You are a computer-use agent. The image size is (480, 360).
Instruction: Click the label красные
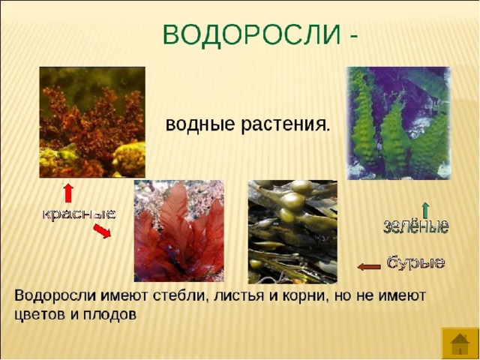pos(79,214)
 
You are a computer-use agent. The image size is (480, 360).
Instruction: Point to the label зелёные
pos(416,226)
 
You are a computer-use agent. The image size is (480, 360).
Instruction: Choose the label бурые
pos(415,262)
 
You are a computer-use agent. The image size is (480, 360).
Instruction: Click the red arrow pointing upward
pos(68,193)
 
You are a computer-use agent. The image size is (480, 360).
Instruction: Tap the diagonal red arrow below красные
pos(102,231)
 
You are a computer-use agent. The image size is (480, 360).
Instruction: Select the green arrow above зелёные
pos(425,210)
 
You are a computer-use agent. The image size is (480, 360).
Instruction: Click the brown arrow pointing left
pos(369,267)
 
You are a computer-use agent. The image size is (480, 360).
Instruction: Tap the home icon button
pos(460,342)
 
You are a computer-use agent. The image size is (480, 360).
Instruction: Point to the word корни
pos(306,296)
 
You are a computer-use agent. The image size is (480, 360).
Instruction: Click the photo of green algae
pos(398,123)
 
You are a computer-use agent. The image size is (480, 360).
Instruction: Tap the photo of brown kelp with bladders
pos(292,232)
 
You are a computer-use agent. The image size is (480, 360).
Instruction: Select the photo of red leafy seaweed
pos(178,231)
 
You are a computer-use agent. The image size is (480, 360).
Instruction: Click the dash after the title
pos(352,37)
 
